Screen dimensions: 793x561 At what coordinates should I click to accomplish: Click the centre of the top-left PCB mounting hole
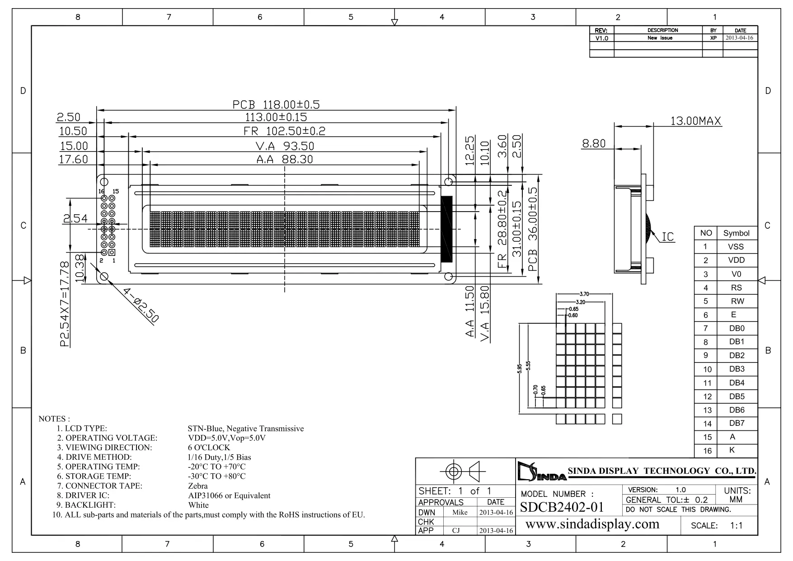[x=103, y=182]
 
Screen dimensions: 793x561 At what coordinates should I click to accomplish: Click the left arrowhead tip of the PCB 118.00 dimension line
[x=97, y=110]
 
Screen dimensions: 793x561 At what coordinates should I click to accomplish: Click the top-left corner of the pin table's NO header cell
[x=694, y=226]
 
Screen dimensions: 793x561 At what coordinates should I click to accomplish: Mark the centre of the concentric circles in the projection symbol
[x=453, y=471]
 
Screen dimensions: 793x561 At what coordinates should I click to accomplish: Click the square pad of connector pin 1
[x=112, y=252]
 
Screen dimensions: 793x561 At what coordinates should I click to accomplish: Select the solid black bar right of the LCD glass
[x=446, y=229]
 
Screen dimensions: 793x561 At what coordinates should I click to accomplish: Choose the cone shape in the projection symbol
[x=474, y=471]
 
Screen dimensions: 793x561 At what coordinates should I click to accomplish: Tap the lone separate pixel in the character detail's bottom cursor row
[x=617, y=419]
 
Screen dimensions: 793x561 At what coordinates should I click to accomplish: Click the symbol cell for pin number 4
[x=737, y=288]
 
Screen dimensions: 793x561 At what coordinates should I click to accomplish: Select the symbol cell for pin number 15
[x=737, y=437]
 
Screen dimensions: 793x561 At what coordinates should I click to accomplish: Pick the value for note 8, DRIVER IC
[x=229, y=495]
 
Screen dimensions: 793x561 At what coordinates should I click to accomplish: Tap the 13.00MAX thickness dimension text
[x=695, y=121]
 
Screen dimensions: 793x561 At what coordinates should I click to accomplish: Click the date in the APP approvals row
[x=496, y=531]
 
